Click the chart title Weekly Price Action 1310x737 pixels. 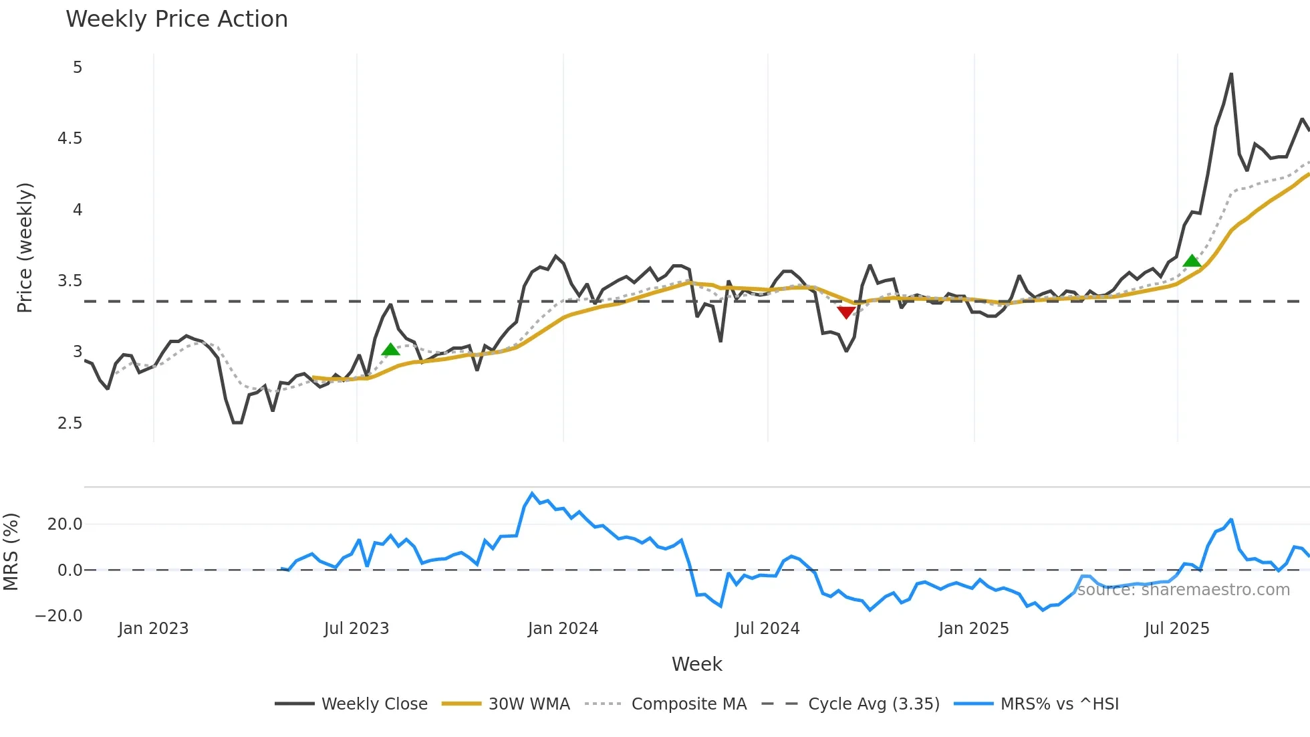coord(176,19)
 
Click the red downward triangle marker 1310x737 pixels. coord(846,312)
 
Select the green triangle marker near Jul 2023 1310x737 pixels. coord(390,349)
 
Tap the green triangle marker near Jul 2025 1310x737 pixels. coord(1192,261)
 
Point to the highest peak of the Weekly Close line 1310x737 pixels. coord(1231,74)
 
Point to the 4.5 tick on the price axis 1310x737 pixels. coord(70,138)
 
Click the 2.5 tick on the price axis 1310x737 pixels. coord(70,423)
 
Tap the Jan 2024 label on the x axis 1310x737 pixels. coord(563,629)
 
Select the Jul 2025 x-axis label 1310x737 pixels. coord(1176,629)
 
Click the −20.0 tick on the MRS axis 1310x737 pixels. coord(59,616)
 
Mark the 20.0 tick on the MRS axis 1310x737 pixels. coord(65,524)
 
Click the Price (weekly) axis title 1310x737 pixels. coord(25,247)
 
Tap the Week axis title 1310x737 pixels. coord(696,664)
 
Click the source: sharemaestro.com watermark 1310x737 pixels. coord(1183,590)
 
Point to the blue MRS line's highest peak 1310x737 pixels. coord(532,494)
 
